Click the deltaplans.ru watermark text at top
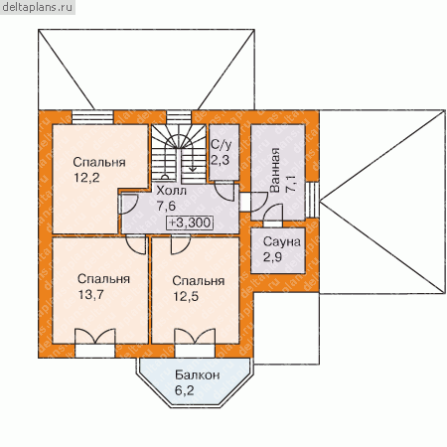click(37, 7)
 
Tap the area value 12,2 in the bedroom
click(86, 178)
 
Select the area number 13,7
click(91, 294)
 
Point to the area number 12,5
click(186, 296)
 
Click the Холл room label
click(171, 191)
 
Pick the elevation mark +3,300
click(190, 223)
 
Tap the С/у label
click(222, 144)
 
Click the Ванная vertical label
click(274, 170)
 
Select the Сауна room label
click(282, 241)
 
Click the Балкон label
click(198, 375)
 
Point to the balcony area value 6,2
click(185, 390)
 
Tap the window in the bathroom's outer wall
click(312, 200)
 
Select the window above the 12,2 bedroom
click(92, 117)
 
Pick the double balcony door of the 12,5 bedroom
click(195, 343)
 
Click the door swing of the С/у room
click(225, 191)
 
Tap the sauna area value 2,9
click(273, 256)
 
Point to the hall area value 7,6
click(166, 206)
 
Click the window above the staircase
click(179, 117)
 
